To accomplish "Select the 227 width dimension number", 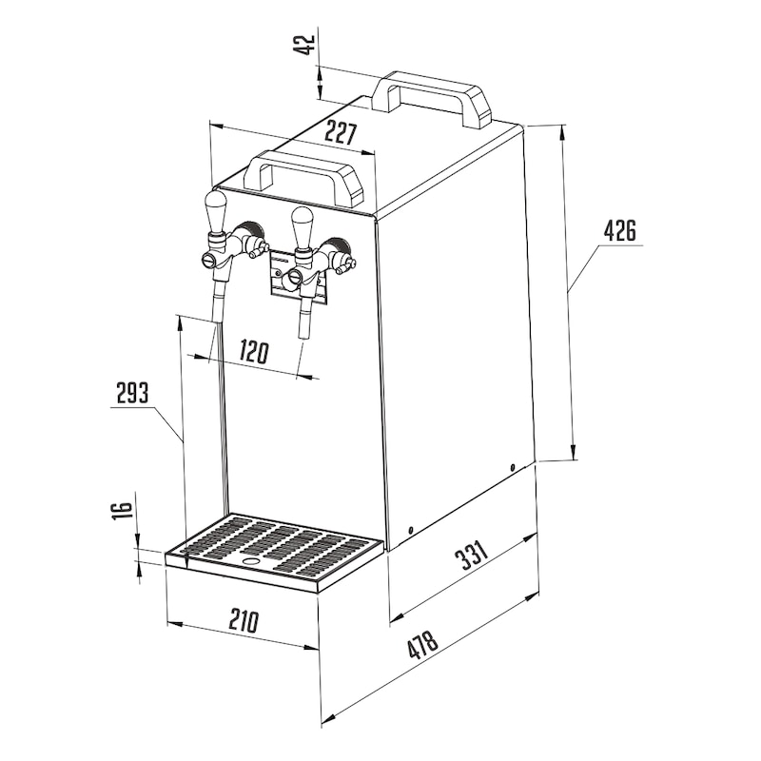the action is tap(341, 133).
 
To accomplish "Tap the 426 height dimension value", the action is tap(620, 230).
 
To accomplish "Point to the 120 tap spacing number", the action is tap(253, 352).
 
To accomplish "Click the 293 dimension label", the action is tap(133, 393).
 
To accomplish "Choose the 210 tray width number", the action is tap(244, 621).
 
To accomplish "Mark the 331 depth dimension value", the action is tap(470, 556).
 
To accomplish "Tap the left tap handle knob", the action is tap(215, 211).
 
